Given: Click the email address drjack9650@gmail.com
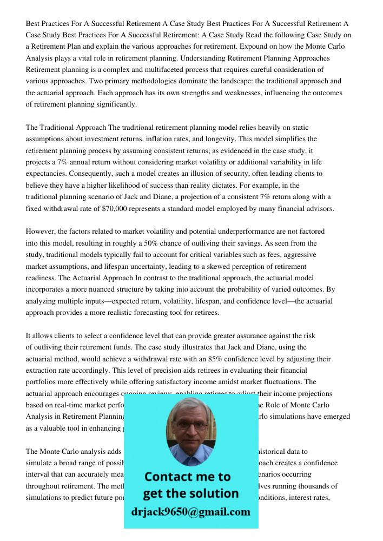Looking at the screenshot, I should (x=190, y=512).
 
